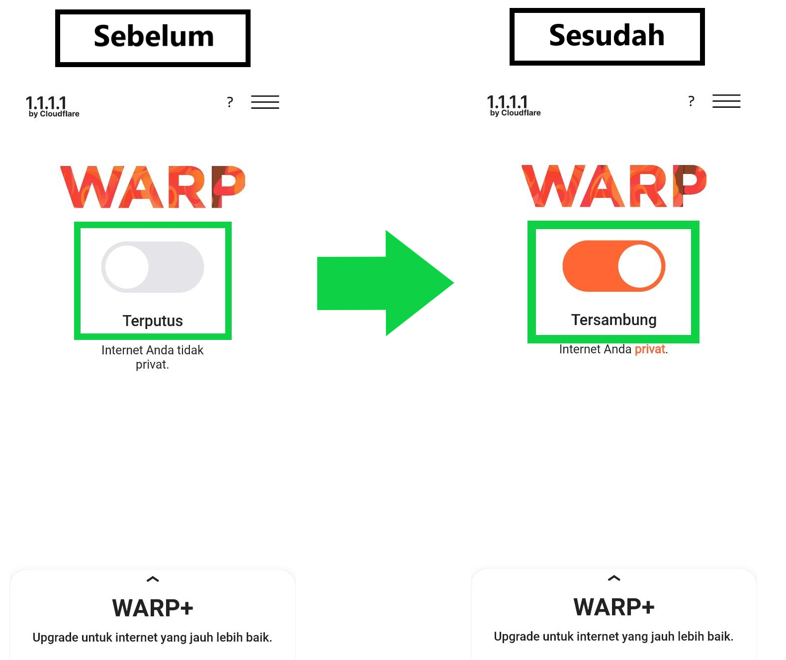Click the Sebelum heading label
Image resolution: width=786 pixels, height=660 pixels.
[x=154, y=36]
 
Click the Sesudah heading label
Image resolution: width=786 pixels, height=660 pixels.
[x=607, y=35]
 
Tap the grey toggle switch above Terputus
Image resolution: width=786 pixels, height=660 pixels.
[x=153, y=267]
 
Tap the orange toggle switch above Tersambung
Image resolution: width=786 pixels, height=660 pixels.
[x=613, y=266]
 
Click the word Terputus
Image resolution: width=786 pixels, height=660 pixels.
[x=153, y=321]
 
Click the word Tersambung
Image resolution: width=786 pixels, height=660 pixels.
[x=613, y=320]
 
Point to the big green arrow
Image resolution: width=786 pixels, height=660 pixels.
[x=385, y=283]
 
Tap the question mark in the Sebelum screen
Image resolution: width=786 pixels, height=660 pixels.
[x=230, y=102]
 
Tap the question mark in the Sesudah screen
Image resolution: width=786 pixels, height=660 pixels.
[x=691, y=101]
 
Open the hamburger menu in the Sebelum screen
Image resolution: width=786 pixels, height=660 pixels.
[x=265, y=102]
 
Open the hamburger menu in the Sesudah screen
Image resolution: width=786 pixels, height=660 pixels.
[x=726, y=101]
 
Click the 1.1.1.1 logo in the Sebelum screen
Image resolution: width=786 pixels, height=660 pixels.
[x=52, y=106]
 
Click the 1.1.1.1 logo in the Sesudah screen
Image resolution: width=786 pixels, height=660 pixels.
[x=514, y=105]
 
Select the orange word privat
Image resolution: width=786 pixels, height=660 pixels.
[x=650, y=349]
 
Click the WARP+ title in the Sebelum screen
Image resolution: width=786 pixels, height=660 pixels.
[x=153, y=608]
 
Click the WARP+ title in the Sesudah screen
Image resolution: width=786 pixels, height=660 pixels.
[x=613, y=606]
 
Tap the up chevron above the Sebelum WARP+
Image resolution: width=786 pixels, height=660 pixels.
[x=153, y=579]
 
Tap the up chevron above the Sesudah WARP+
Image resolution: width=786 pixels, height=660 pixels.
[x=613, y=578]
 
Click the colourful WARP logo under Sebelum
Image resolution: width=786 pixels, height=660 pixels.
[x=153, y=187]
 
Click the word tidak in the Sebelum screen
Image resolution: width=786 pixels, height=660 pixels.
[x=190, y=350]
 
